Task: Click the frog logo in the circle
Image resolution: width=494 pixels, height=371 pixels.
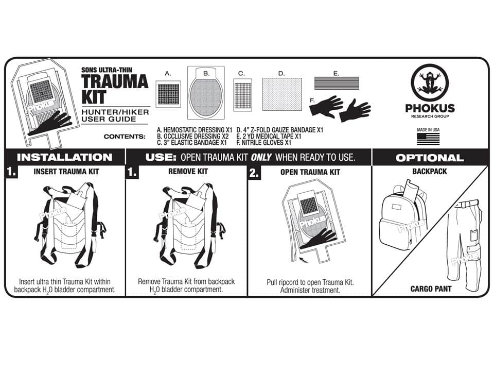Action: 430,83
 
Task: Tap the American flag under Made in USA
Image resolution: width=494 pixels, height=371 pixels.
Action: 428,139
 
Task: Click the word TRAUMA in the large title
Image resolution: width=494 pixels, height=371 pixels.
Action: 115,81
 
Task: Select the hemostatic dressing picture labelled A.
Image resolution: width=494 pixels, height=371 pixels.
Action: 168,94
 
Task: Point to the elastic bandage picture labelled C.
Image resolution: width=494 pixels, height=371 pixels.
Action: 242,95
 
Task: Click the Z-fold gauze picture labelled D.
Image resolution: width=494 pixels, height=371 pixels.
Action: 281,94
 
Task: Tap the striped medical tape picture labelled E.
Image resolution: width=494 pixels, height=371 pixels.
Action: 336,83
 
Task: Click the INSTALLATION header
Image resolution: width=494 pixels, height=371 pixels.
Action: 64,157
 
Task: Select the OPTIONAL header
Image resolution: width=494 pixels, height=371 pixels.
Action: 430,158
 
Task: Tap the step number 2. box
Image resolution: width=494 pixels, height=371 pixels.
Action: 254,173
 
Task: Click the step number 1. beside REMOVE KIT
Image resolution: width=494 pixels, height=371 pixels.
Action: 132,173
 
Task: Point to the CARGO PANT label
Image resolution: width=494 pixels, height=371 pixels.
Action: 431,289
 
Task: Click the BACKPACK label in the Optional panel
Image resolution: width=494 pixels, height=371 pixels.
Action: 430,172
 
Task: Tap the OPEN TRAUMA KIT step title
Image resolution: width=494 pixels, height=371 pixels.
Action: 310,172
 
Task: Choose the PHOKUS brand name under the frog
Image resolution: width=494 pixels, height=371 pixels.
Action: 430,108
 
